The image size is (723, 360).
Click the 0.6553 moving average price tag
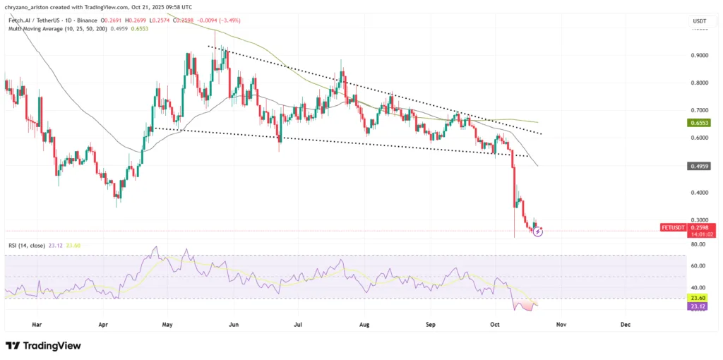[x=700, y=122]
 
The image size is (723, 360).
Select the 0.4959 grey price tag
[x=700, y=167]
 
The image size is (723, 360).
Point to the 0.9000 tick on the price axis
[x=700, y=56]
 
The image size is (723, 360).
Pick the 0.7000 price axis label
[x=700, y=111]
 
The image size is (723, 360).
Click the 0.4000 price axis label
[x=700, y=193]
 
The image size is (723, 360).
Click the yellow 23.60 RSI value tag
[x=700, y=299]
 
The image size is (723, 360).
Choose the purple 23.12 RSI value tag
[x=700, y=306]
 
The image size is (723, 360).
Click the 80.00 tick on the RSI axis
[x=700, y=244]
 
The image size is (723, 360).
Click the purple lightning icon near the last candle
[x=538, y=231]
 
